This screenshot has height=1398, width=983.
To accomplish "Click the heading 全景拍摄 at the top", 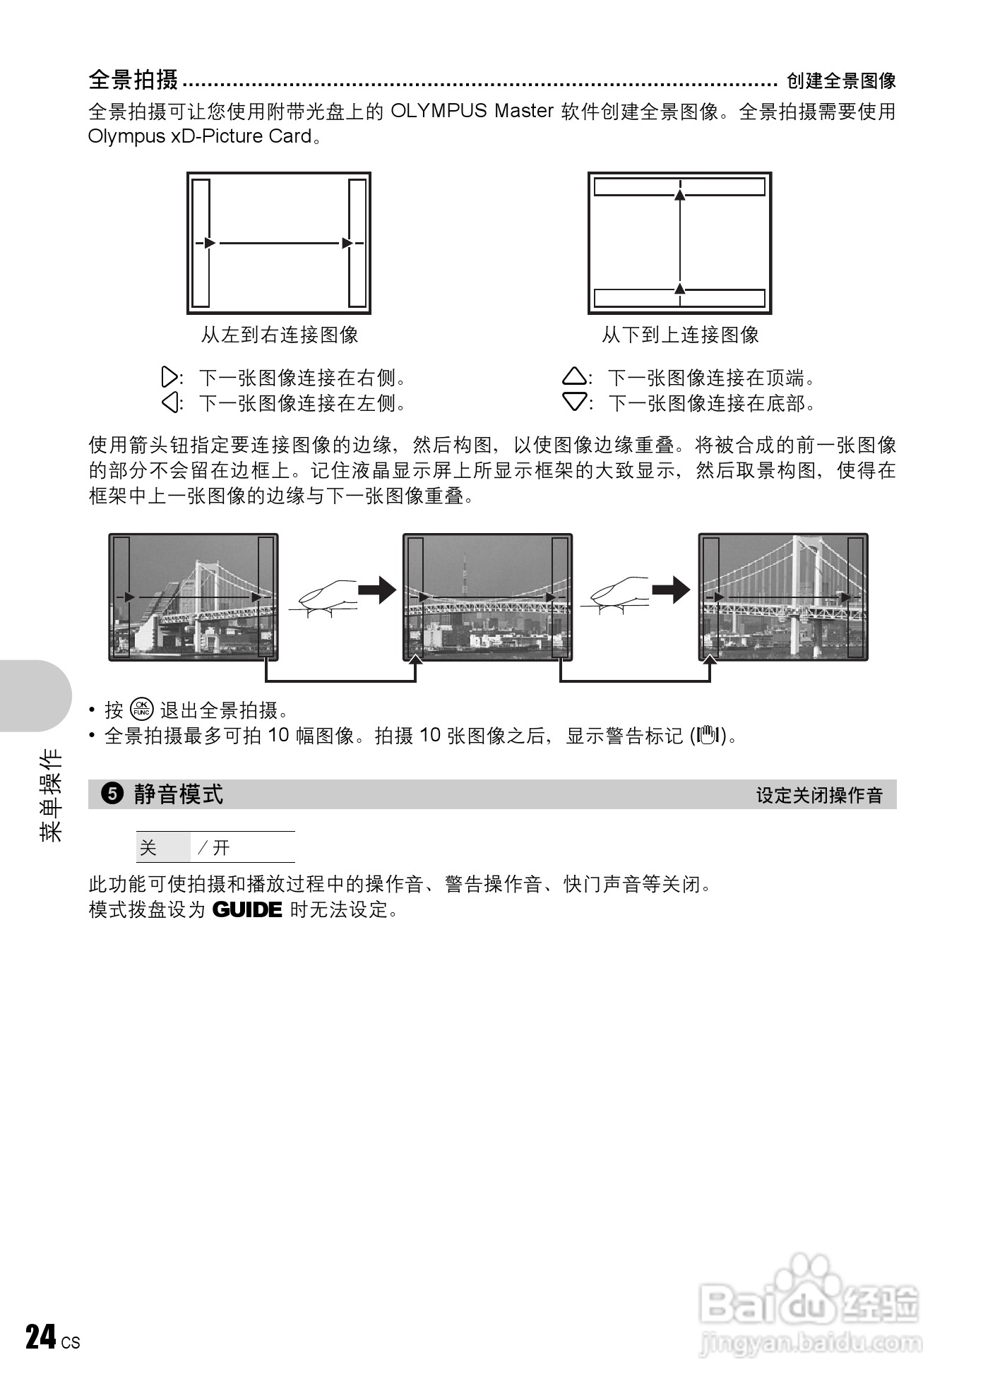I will point(133,80).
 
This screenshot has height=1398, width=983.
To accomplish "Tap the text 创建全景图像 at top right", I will point(840,81).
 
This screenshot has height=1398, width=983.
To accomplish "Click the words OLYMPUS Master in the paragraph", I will point(471,111).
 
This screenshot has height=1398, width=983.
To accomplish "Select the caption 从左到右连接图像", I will point(280,335).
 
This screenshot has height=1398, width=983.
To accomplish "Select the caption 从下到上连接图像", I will point(680,335).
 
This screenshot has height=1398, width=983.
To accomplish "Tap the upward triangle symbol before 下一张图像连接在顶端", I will point(574,377).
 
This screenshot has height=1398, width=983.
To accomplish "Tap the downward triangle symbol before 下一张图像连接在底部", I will point(574,402).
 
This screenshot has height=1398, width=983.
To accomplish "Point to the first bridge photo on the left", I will point(193,597).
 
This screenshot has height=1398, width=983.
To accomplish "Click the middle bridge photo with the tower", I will point(487,597).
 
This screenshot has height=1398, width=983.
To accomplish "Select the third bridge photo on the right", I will point(783,597).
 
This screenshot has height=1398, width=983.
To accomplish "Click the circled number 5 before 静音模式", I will point(112,794).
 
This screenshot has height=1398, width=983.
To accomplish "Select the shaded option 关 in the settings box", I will point(148,847).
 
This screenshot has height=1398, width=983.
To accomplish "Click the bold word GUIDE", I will point(247,909).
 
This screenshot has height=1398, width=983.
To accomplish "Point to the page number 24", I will point(40,1337).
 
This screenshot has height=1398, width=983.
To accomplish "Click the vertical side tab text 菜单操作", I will point(52,794).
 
